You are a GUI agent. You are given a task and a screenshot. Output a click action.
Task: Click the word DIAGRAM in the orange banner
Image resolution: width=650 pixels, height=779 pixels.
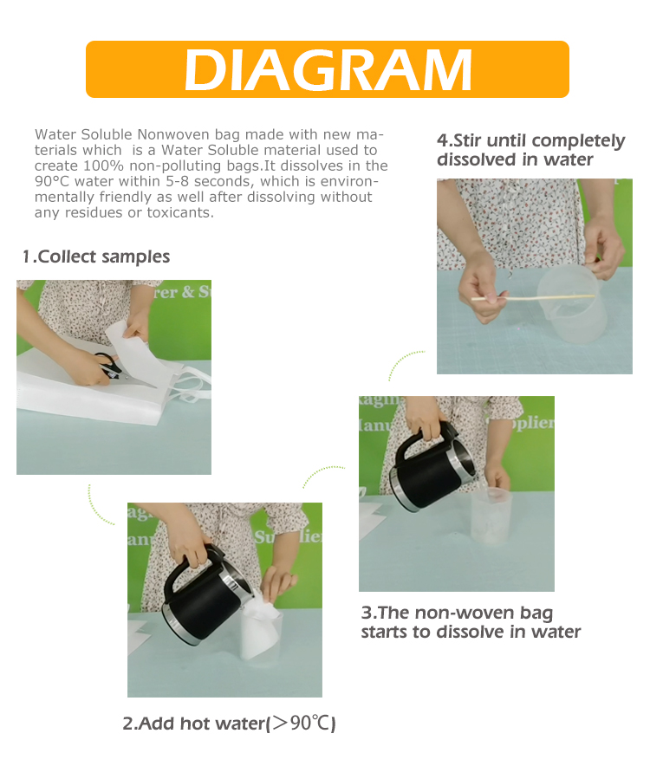pos(328,69)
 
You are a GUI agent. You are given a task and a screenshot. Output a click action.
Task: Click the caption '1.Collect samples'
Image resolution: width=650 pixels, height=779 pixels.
pos(96,256)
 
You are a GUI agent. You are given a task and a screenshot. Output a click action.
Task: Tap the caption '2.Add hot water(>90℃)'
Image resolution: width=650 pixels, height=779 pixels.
pos(229,724)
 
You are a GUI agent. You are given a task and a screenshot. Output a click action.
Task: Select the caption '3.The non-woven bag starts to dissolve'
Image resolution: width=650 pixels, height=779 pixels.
pos(471,622)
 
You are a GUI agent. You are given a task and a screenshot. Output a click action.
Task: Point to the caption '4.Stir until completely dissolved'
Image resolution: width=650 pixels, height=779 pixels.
pos(530,150)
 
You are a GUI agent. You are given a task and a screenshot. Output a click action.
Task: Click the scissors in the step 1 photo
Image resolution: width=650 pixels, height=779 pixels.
pos(101,367)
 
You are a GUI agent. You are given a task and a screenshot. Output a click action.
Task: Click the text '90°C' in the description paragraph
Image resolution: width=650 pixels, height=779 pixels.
pos(55,181)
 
